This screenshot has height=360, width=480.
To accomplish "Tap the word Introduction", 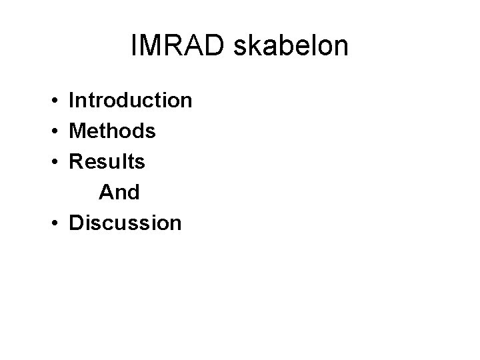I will coord(131,101).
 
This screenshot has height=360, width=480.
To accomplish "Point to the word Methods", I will coord(113,131).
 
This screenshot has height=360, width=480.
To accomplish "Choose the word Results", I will coord(107,162).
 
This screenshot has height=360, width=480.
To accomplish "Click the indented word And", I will coord(119,193).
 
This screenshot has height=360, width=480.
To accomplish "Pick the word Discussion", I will coord(125,223).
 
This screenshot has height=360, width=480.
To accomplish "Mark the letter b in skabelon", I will coord(284,46).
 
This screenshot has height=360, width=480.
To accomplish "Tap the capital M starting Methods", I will coord(77,131).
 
